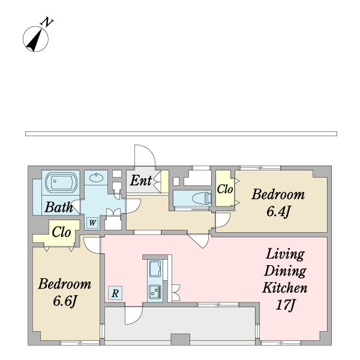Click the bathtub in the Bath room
coord(61,182)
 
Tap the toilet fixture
coord(202,198)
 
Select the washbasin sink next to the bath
coord(96,178)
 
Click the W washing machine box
coord(92,223)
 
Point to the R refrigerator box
coord(115,293)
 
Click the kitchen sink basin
coord(155,268)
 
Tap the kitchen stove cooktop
coord(155,292)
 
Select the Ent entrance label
coord(141,180)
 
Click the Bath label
coord(59,207)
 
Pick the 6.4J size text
coord(278,211)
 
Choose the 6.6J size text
coord(65,301)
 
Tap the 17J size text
coord(285,305)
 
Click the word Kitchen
coord(284,287)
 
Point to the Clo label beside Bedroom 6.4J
coord(225,189)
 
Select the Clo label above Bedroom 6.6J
coord(61,232)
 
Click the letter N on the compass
coord(47,22)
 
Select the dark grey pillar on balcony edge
coord(181,340)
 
